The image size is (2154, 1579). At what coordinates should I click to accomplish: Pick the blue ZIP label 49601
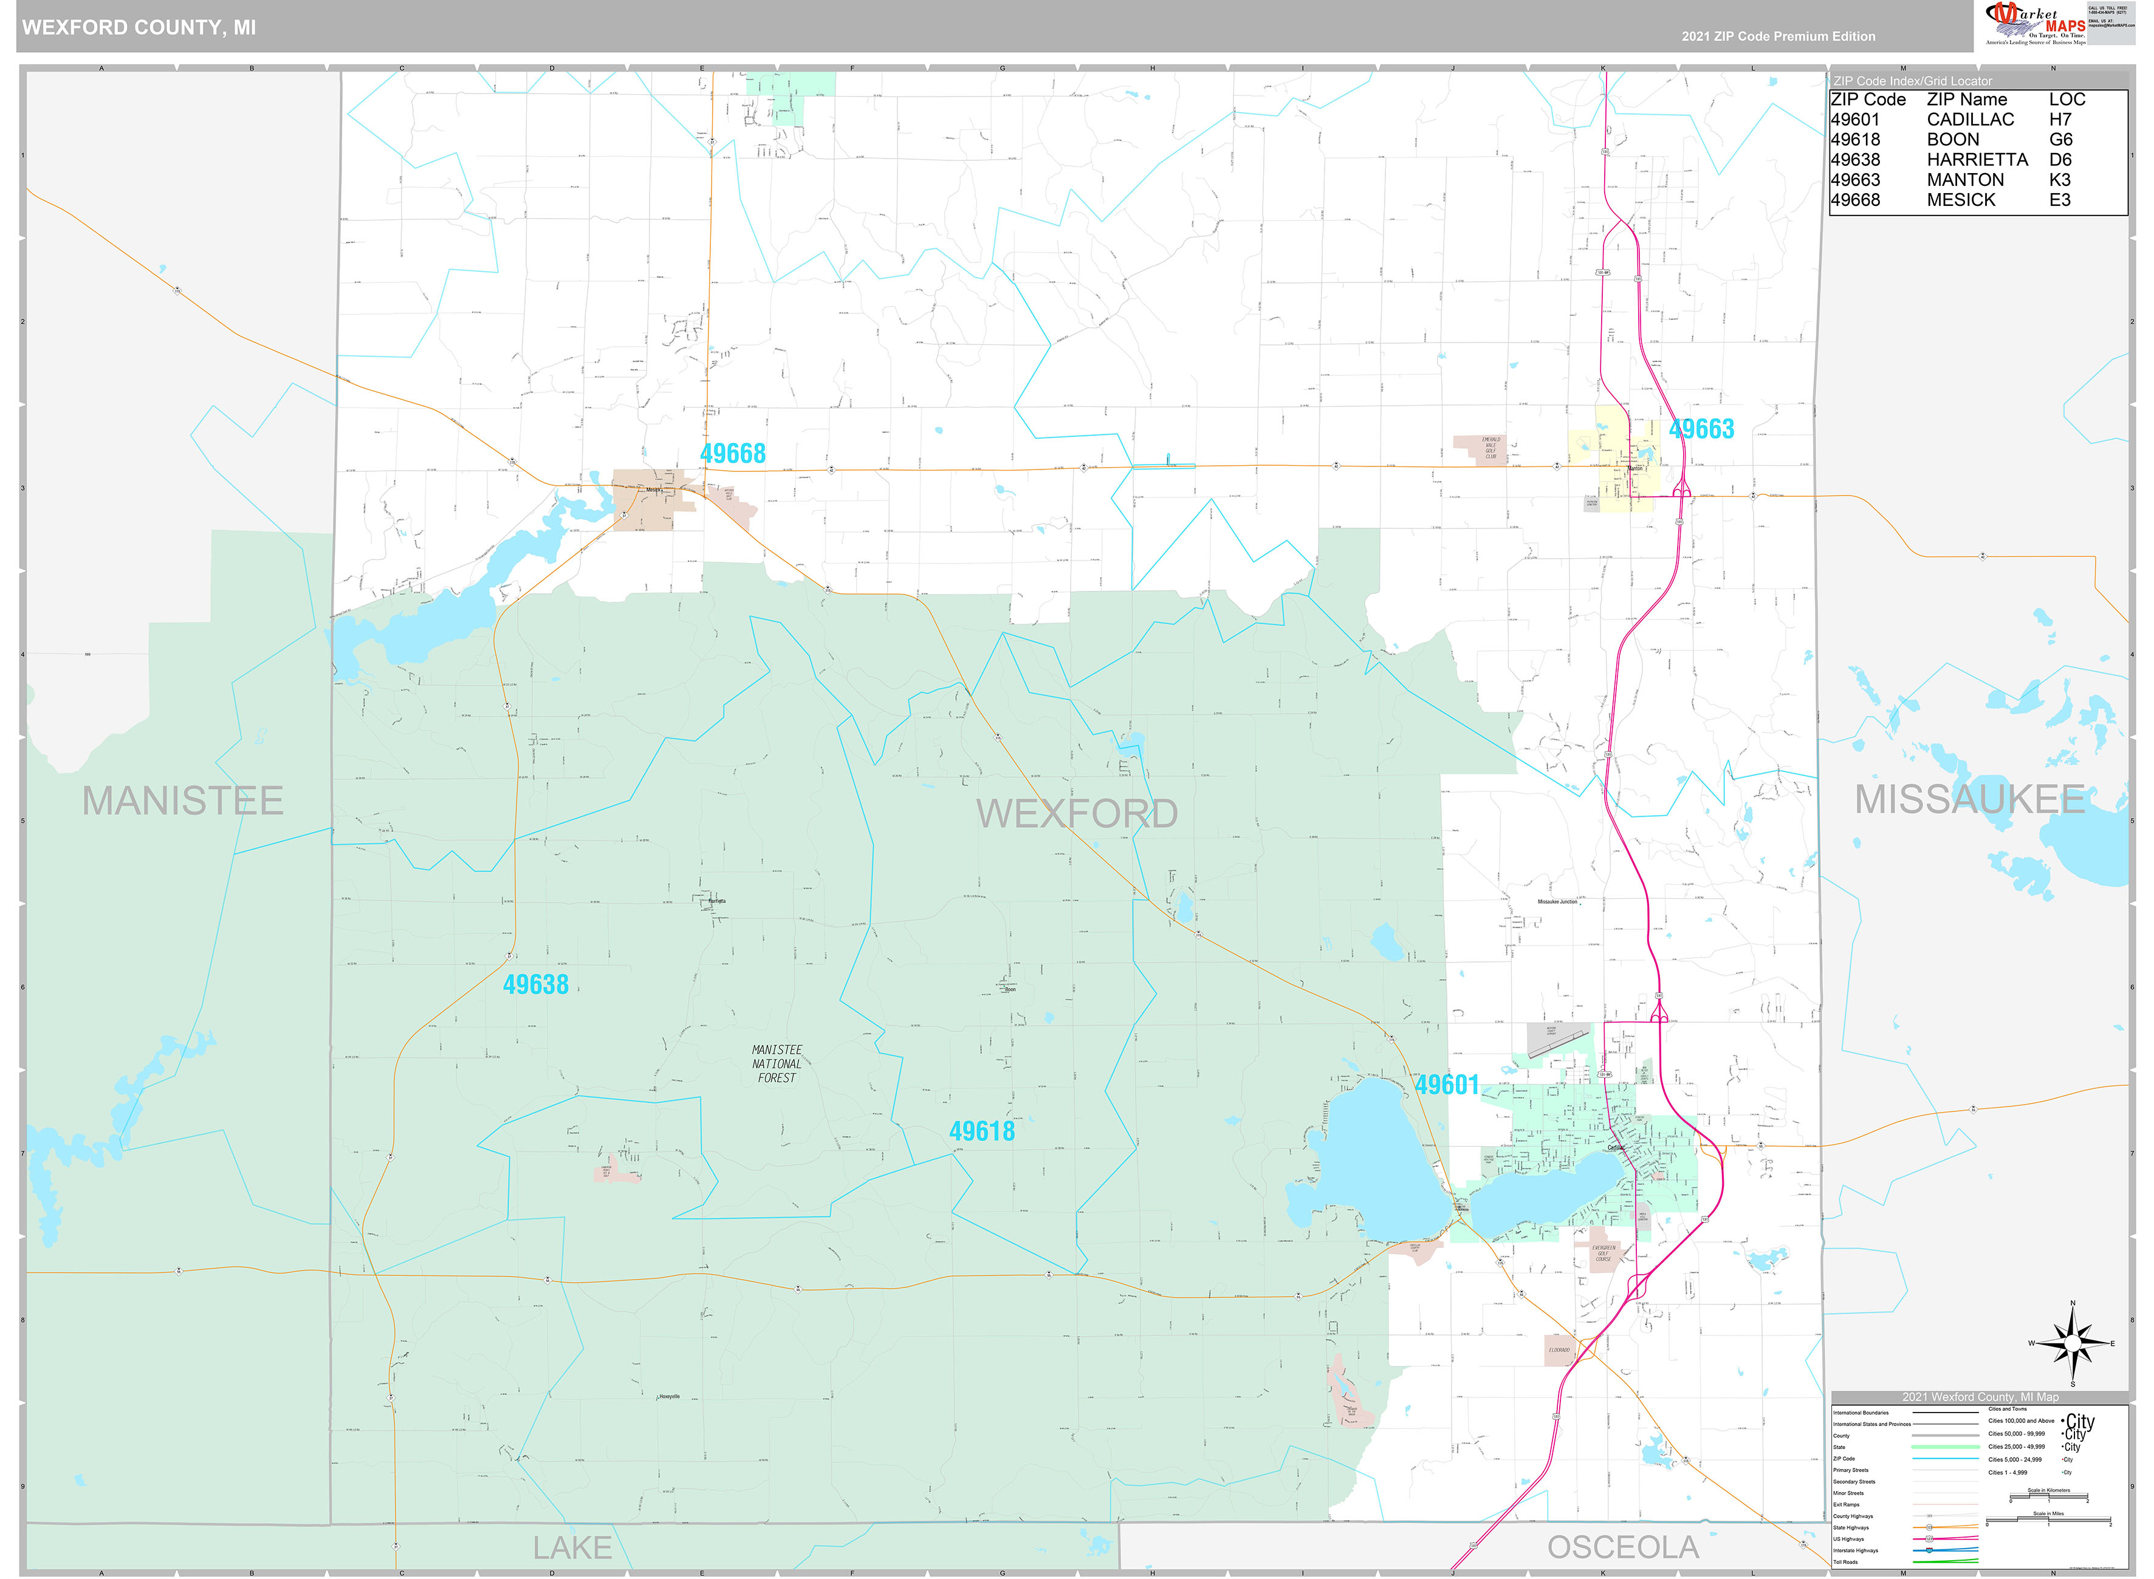click(1447, 1085)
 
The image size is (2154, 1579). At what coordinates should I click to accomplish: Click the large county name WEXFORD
click(1077, 813)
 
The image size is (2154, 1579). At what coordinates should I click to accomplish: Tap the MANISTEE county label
click(183, 801)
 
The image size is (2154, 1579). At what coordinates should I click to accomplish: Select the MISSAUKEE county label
click(1969, 799)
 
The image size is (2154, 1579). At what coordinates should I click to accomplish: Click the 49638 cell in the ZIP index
click(1855, 160)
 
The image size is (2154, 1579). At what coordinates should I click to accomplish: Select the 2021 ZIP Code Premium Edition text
click(1778, 36)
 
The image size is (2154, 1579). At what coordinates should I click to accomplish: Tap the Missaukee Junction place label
click(1557, 901)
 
